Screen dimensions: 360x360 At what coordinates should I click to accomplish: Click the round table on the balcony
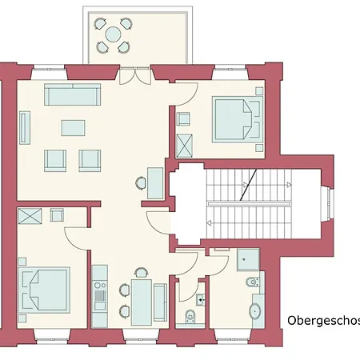[x=113, y=34]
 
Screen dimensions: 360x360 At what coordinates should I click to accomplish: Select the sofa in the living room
[x=73, y=95]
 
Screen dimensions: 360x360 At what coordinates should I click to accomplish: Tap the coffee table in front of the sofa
[x=73, y=126]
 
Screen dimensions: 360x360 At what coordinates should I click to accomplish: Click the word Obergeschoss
[x=323, y=321]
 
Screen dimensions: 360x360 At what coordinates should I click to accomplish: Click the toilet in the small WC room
[x=189, y=315]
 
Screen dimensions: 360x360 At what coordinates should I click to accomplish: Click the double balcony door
[x=134, y=77]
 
